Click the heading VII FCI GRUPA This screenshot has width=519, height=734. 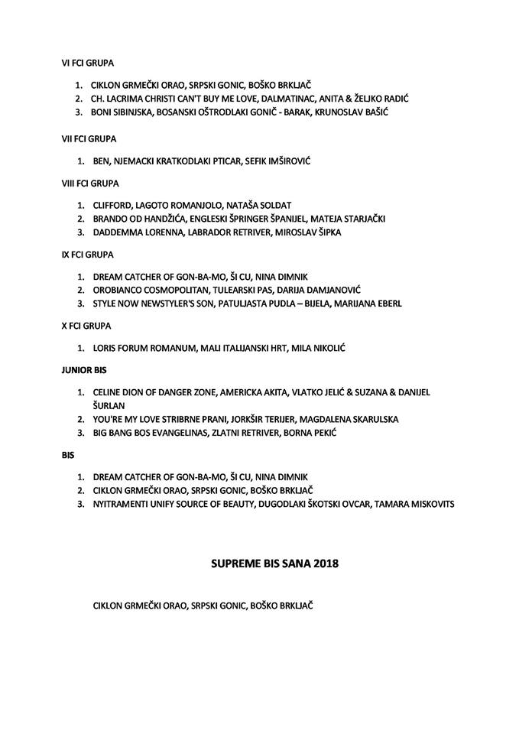[x=89, y=140]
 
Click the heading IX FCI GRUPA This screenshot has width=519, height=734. [x=88, y=254]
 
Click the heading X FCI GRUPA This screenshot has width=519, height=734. [x=86, y=326]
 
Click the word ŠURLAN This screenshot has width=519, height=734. [x=109, y=405]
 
